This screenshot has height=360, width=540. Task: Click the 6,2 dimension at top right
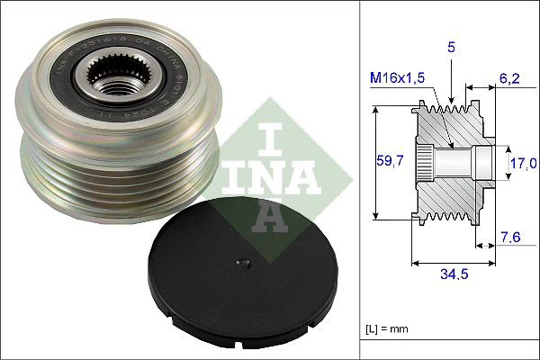click(510, 79)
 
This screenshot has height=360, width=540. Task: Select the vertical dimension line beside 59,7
click(374, 163)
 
